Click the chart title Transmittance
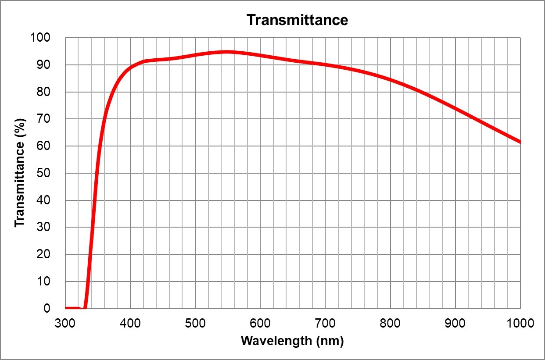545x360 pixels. tap(297, 20)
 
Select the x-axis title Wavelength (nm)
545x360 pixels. tap(292, 341)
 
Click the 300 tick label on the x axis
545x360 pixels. tap(65, 324)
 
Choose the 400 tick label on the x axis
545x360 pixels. tap(130, 324)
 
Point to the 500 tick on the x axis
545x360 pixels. tap(195, 324)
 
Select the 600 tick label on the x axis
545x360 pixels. tap(260, 324)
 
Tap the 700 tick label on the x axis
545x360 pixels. tap(325, 324)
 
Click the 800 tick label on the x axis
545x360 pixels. tap(390, 324)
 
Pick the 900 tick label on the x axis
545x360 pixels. tap(455, 324)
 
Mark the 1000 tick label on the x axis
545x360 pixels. tap(520, 324)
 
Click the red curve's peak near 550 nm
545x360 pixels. tap(228, 52)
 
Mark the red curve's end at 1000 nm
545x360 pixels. tap(520, 142)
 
